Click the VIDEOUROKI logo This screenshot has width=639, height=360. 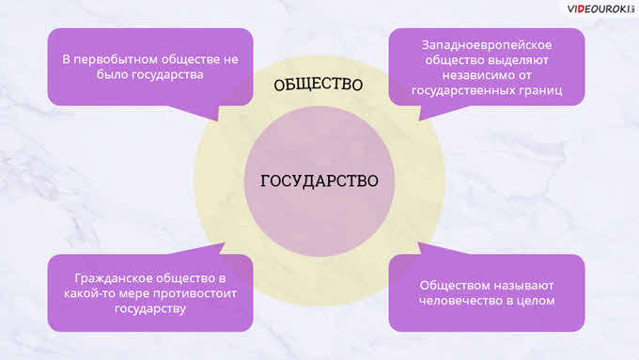[x=600, y=9]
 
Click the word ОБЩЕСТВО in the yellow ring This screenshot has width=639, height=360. [x=319, y=85]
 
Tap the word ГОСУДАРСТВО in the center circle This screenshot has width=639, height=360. [x=319, y=181]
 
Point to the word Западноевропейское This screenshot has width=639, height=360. [x=487, y=45]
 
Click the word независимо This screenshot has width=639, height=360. [x=473, y=75]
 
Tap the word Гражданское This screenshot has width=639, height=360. [x=114, y=278]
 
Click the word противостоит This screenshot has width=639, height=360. [x=194, y=293]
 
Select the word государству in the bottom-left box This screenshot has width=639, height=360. [x=150, y=308]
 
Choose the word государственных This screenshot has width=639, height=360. [x=463, y=90]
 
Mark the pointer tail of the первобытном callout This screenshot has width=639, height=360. [x=218, y=120]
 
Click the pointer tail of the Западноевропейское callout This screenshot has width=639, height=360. [x=419, y=120]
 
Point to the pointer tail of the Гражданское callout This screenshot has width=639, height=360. [x=224, y=243]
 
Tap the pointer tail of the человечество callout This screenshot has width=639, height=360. [x=418, y=243]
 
